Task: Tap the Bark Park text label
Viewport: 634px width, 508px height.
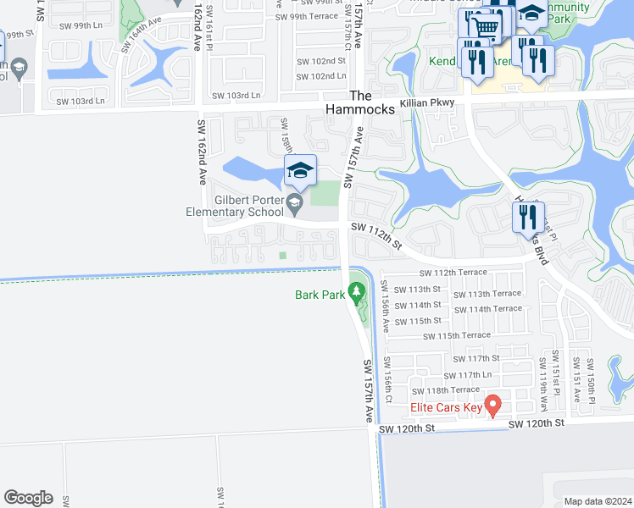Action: pos(320,295)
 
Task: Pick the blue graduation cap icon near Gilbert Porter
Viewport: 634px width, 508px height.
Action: pos(299,172)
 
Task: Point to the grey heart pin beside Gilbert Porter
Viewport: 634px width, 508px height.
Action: pos(294,202)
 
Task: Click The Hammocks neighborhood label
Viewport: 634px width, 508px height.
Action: pos(361,103)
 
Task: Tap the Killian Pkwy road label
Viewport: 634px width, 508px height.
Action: pos(429,102)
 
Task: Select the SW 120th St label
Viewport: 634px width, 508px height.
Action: pos(406,429)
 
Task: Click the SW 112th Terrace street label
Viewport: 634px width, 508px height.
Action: pos(453,273)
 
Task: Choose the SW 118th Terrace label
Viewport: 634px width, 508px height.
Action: pos(445,390)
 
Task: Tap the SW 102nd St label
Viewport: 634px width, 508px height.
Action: pos(321,61)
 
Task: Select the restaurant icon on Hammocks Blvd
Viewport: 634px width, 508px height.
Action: pos(528,218)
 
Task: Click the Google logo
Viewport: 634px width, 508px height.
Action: pos(28,498)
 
